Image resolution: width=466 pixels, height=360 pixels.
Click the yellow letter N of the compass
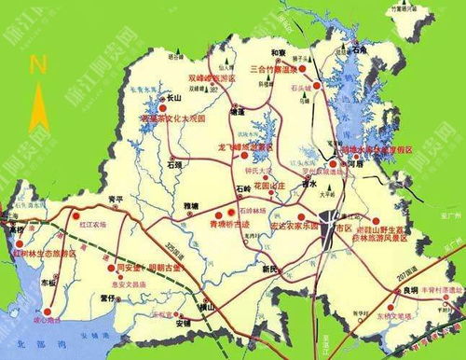[38, 64]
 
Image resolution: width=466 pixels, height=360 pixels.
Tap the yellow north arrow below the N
[38, 104]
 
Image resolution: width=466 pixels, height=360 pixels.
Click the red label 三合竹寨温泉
[279, 68]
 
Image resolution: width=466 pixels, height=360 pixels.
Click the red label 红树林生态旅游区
[40, 253]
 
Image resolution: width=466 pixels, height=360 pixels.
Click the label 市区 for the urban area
[344, 228]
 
